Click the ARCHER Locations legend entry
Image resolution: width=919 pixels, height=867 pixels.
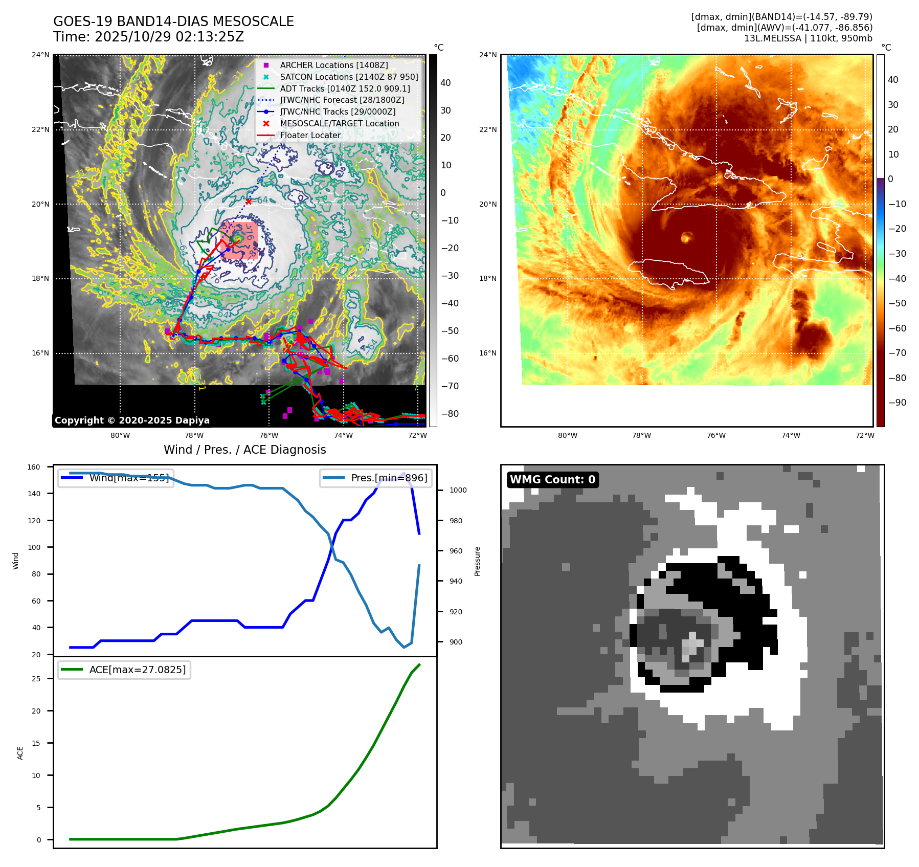[333, 65]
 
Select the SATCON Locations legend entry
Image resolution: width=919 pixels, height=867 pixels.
[349, 77]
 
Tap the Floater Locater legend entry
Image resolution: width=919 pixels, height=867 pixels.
[310, 136]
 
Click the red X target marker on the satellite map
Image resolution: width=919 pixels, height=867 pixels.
[249, 202]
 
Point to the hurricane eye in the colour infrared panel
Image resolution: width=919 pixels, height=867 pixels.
[686, 237]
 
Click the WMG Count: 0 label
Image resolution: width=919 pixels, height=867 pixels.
[552, 480]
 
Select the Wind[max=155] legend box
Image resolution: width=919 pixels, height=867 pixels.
[116, 478]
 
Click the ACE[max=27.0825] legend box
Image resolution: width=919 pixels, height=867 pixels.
[124, 670]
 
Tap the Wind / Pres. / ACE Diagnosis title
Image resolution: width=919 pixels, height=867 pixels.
[244, 450]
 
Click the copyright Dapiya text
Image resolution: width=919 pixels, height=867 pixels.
[132, 420]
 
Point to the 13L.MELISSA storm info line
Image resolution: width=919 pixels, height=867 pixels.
[808, 38]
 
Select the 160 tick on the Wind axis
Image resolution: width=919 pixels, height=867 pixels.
[34, 467]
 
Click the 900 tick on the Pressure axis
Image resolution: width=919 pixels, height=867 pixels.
[456, 642]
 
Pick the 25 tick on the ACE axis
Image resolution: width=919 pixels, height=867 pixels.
[36, 679]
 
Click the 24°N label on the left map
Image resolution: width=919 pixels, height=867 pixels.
[40, 55]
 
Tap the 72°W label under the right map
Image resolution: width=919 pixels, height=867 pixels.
[865, 436]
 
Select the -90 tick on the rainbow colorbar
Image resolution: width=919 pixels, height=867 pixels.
[897, 403]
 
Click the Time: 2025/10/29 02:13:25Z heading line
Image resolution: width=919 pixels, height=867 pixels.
[148, 37]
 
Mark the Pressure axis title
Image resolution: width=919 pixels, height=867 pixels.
[477, 561]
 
